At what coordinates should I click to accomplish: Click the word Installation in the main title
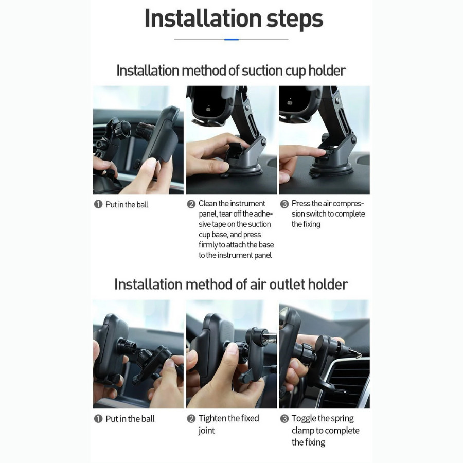coord(203,19)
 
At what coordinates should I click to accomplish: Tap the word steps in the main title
coord(295,20)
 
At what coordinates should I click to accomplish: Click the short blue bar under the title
coord(232,39)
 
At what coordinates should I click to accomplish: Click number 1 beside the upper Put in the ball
coord(98,204)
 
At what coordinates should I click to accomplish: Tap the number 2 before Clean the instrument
coord(191,204)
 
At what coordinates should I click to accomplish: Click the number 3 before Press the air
coord(284,204)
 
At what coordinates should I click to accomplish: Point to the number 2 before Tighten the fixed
coord(191,418)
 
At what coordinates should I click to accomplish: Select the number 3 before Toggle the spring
coord(284,418)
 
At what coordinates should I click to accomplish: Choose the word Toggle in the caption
coord(304,419)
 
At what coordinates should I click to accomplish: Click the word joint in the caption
coord(207,431)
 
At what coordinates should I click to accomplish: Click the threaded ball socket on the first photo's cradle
coord(144,130)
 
